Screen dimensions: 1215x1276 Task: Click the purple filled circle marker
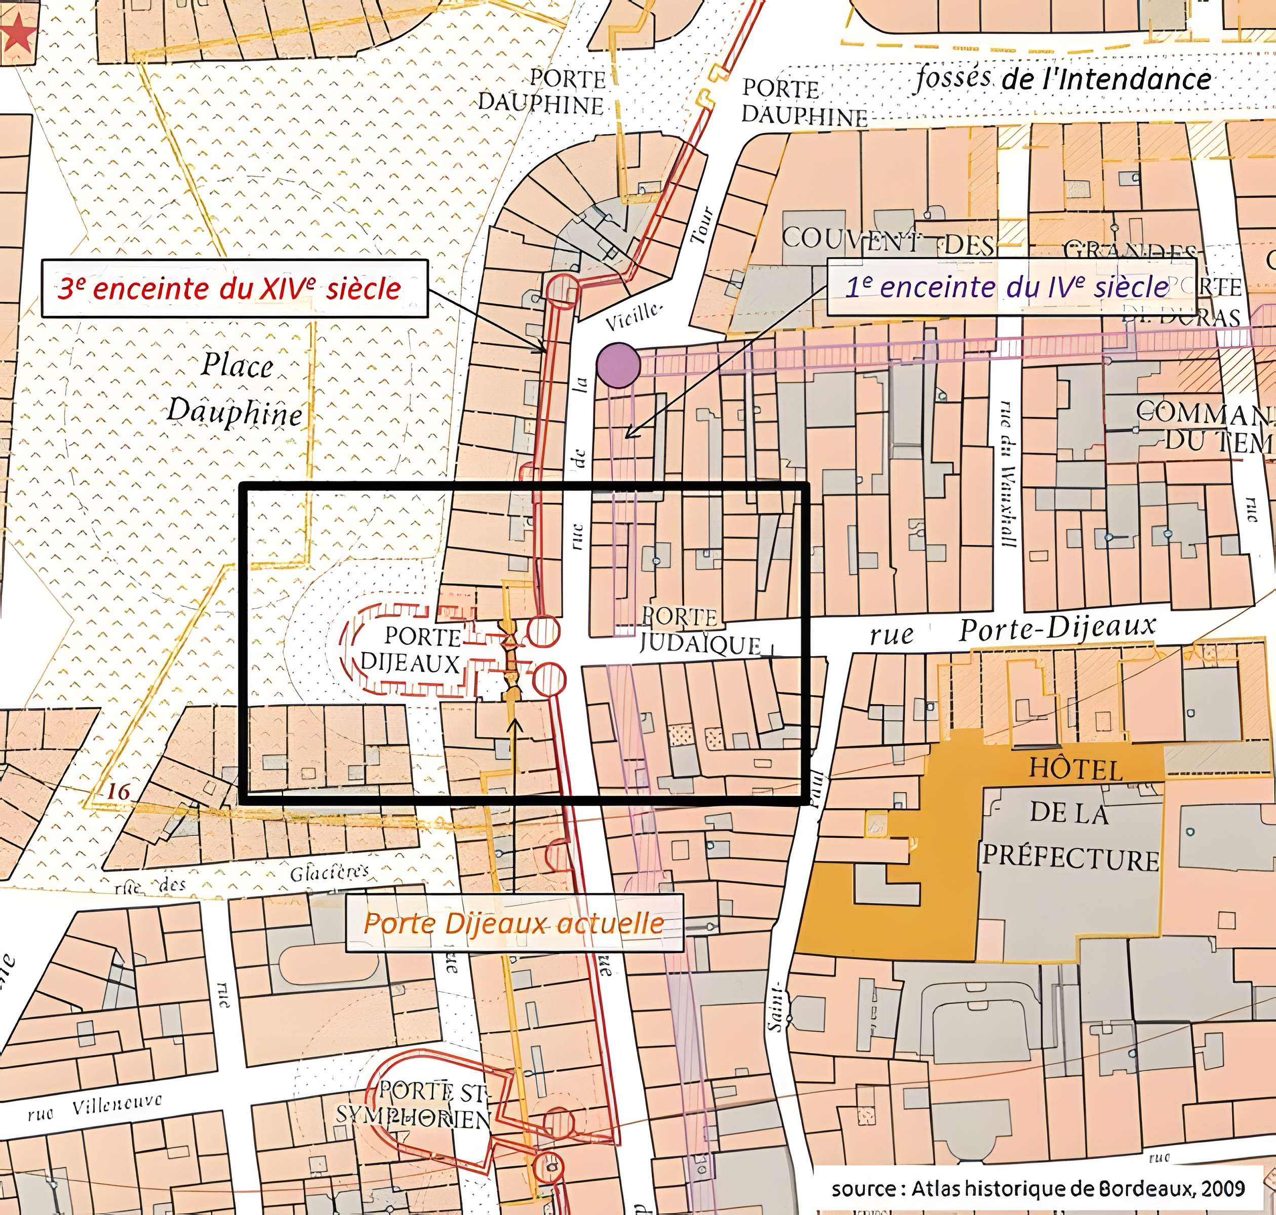coord(619,366)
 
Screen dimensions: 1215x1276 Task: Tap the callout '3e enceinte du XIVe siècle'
coord(234,288)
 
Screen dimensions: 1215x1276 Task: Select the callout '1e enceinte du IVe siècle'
coord(1011,287)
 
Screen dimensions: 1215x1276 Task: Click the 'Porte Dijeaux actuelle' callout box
coord(513,923)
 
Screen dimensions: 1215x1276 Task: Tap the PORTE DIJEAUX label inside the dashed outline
coord(412,650)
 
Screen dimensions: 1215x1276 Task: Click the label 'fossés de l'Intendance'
coord(1062,79)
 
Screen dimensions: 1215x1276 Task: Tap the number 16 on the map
coord(118,791)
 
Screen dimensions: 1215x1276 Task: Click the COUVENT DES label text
coord(887,241)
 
